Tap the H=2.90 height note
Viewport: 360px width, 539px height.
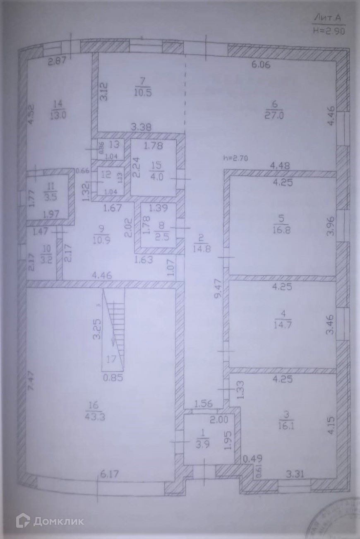click(x=329, y=30)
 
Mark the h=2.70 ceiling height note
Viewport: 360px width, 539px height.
click(x=235, y=158)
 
